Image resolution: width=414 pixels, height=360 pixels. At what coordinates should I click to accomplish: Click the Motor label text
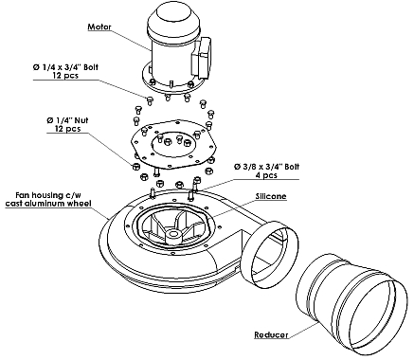pyautogui.click(x=99, y=27)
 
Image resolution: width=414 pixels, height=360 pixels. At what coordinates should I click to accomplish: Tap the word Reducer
pyautogui.click(x=271, y=334)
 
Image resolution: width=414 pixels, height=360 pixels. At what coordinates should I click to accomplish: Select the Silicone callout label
pyautogui.click(x=271, y=196)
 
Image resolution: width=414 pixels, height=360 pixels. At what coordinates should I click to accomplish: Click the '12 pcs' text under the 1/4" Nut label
pyautogui.click(x=67, y=129)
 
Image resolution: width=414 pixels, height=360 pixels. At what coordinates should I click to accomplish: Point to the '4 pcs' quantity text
pyautogui.click(x=266, y=175)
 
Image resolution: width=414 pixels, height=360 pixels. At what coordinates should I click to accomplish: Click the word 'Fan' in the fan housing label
pyautogui.click(x=23, y=195)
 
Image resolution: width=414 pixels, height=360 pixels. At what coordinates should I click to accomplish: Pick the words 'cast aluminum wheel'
pyautogui.click(x=48, y=204)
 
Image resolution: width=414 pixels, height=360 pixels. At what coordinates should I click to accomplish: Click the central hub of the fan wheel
pyautogui.click(x=172, y=235)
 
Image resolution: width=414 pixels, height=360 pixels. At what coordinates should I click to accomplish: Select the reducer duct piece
pyautogui.click(x=351, y=303)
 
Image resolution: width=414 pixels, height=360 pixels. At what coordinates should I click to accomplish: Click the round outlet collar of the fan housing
pyautogui.click(x=271, y=254)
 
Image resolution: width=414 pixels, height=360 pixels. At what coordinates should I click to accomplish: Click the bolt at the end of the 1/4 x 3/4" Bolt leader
pyautogui.click(x=150, y=100)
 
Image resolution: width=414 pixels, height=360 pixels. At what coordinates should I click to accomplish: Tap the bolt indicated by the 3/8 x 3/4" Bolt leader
pyautogui.click(x=196, y=183)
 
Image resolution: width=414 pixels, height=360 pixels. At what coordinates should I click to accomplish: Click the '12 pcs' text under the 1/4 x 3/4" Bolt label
pyautogui.click(x=65, y=76)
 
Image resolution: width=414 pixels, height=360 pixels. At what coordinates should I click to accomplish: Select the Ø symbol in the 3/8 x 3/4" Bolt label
pyautogui.click(x=237, y=167)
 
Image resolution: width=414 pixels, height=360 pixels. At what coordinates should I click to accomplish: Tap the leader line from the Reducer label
pyautogui.click(x=303, y=329)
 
